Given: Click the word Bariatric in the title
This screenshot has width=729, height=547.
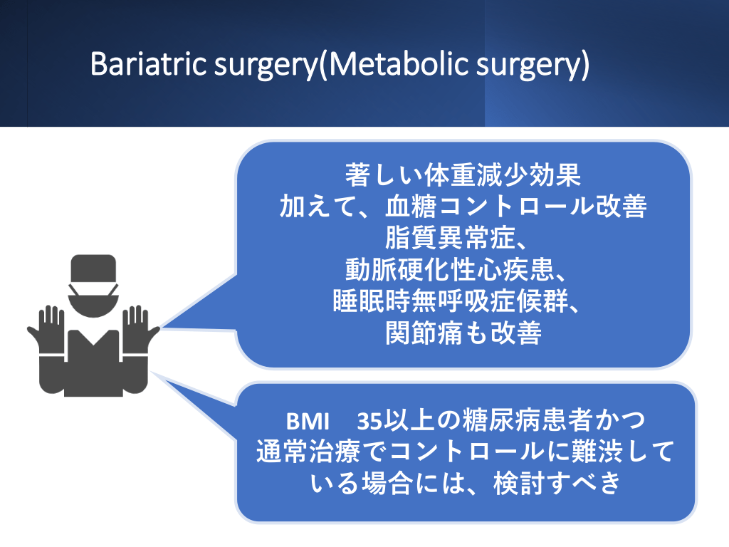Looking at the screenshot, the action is coord(149,63).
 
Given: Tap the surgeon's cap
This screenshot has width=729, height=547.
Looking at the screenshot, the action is coord(93,268).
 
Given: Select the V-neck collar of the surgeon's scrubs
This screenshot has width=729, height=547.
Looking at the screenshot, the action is coord(93,338).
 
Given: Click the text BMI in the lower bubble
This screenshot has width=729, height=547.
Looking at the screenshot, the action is coord(308,422).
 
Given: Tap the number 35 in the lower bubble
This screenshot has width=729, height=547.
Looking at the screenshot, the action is coord(369,422).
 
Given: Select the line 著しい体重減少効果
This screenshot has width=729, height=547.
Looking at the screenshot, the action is coord(463,175).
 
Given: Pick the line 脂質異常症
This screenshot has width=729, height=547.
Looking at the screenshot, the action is coord(456,238).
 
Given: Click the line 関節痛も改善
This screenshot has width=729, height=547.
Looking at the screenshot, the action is coord(463,333).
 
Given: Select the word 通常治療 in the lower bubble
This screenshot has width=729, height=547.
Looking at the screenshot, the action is coord(308,452).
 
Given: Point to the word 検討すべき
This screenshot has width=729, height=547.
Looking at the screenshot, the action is coord(557,484).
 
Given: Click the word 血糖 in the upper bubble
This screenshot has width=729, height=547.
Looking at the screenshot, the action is coord(411,207).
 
